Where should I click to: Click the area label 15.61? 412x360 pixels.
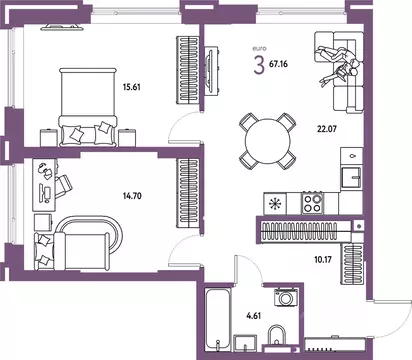coord(132,87)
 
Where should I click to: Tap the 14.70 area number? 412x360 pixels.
coord(132,196)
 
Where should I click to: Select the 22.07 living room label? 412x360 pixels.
coord(327,128)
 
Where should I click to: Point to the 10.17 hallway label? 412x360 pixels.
coord(323,259)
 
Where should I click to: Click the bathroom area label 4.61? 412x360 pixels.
coord(253,315)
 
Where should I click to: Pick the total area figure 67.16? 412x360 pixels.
coord(278,64)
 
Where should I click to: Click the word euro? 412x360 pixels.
coord(259,49)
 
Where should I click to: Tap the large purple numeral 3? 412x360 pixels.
coord(259,65)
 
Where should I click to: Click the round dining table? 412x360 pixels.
coord(268,141)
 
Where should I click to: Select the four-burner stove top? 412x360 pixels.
coord(312,203)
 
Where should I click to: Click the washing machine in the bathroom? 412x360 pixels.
coord(285,298)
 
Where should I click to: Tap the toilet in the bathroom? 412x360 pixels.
coord(277,335)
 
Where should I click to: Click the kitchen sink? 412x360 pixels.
coord(351,178)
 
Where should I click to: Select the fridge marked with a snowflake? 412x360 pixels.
coord(275,203)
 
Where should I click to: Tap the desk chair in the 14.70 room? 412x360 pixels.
coord(63,186)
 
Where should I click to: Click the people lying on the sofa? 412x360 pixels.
coord(338,65)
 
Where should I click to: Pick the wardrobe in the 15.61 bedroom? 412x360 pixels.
coord(187,69)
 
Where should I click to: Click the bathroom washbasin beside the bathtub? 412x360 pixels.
coord(245,342)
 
